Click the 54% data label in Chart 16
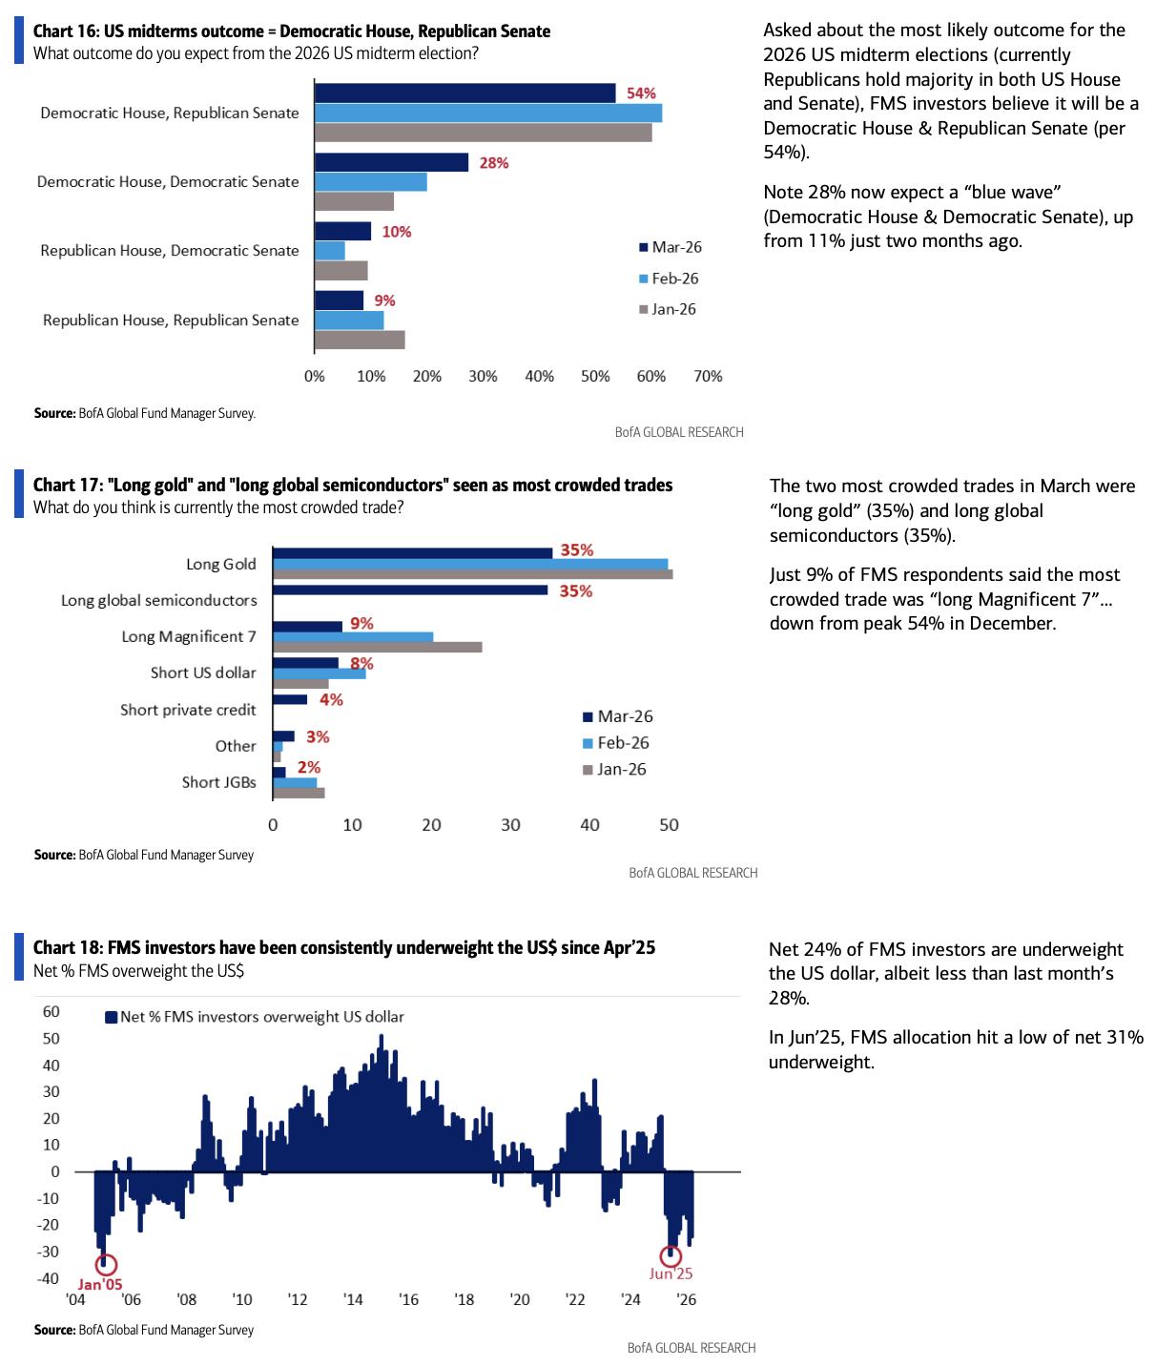point(641,93)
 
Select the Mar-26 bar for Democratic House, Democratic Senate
point(391,162)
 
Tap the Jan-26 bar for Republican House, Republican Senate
point(360,340)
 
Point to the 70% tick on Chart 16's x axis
point(708,377)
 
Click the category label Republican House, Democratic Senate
point(170,251)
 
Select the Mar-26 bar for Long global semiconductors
point(410,590)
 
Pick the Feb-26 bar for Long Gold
point(469,564)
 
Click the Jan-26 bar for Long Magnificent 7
point(377,648)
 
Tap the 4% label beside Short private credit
point(331,700)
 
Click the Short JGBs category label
point(219,782)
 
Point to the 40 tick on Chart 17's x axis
point(589,825)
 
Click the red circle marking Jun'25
point(671,1256)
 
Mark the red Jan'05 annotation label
point(100,1284)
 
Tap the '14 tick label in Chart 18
point(353,1299)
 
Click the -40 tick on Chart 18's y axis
point(49,1278)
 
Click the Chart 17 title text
point(353,486)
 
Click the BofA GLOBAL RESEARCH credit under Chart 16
point(679,432)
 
